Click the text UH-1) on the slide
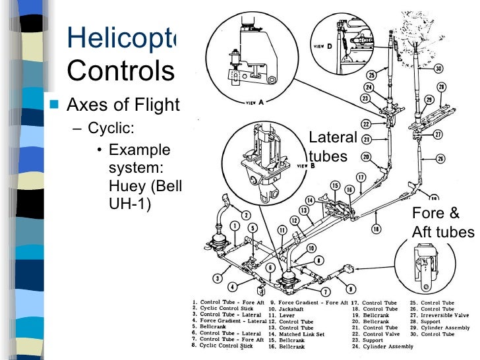coord(129,203)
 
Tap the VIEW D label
coord(323,47)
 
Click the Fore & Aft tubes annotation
coord(442,222)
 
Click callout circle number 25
coord(372,75)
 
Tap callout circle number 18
coord(375,229)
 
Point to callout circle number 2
coord(245,215)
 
